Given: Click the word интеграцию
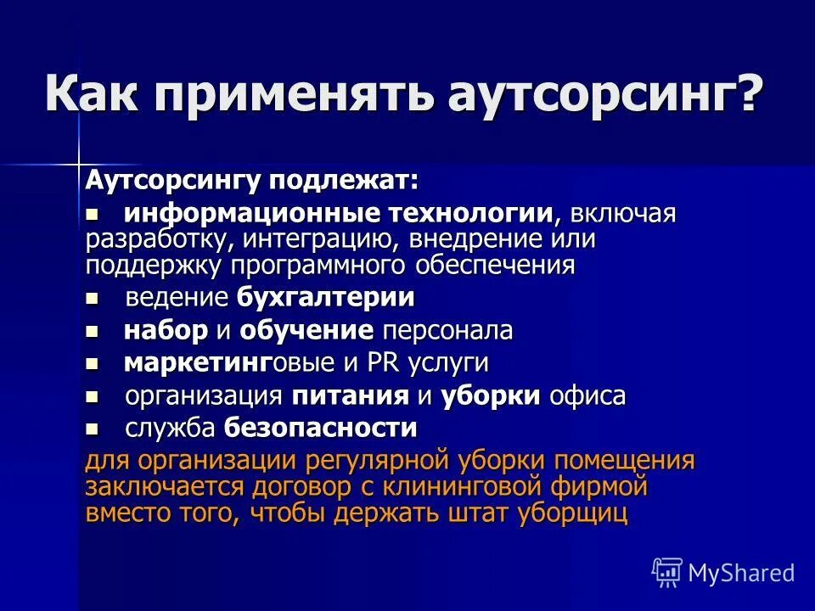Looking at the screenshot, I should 334,239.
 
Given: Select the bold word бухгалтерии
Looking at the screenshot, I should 326,298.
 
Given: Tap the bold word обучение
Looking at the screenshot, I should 306,331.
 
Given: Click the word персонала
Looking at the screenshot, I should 447,331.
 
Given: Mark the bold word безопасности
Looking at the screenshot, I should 321,429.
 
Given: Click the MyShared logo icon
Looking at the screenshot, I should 666,572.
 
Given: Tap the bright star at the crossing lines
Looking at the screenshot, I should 78,161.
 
